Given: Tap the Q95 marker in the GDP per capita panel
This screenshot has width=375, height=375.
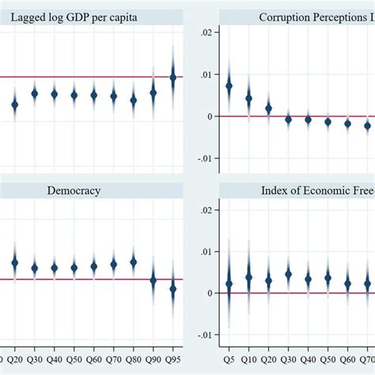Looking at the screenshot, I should [x=173, y=77].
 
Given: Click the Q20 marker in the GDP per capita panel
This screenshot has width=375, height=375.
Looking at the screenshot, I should [x=14, y=104].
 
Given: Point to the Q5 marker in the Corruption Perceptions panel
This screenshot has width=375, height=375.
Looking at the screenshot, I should [x=229, y=85].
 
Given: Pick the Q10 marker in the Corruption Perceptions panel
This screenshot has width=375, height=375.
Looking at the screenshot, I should [x=248, y=99].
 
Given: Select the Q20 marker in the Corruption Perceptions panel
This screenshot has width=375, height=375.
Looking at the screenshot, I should [x=268, y=108].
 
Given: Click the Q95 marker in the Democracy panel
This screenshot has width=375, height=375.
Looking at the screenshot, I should [x=173, y=289].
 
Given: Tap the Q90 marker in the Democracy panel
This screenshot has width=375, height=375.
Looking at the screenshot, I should [x=153, y=280].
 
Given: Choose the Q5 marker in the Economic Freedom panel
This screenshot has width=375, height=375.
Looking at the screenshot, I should [x=229, y=283].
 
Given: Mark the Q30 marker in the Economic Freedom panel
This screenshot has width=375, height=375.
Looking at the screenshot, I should [x=288, y=275].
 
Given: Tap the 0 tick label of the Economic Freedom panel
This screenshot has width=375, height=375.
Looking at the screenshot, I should [x=208, y=293].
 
